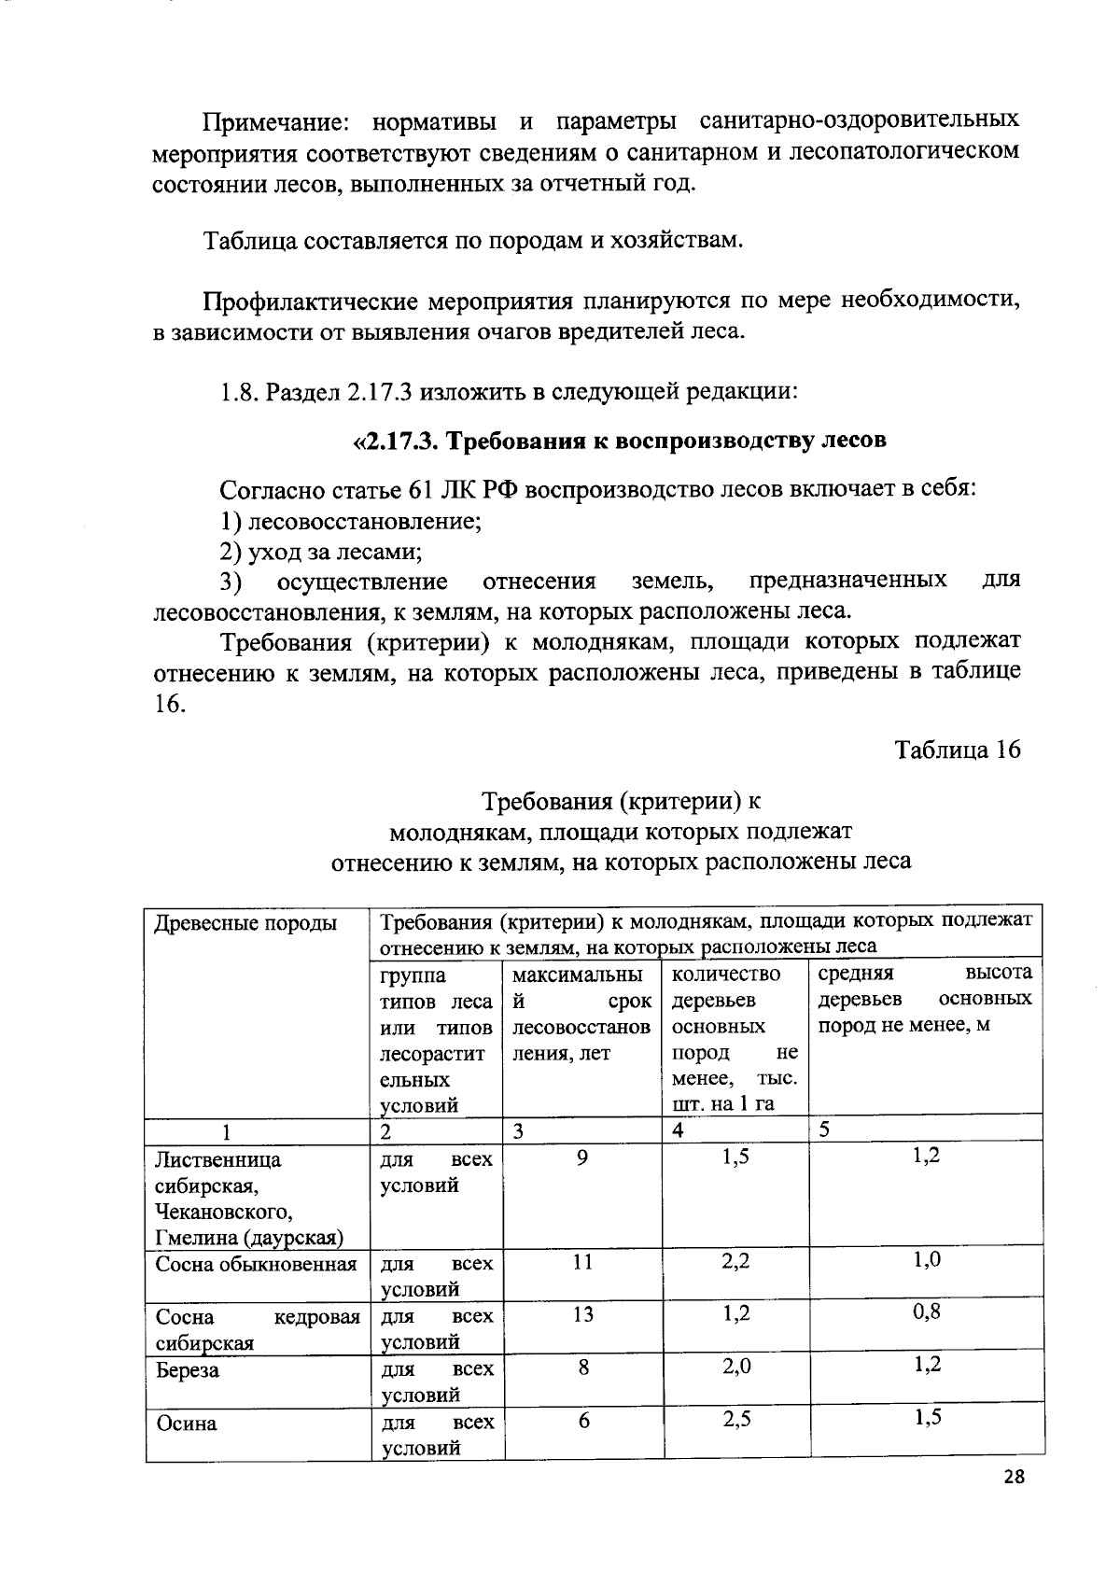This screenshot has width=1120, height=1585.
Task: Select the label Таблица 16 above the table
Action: tap(958, 750)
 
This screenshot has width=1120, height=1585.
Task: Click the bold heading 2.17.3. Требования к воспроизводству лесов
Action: tap(619, 441)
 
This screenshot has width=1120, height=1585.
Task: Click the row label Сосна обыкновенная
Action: tap(256, 1265)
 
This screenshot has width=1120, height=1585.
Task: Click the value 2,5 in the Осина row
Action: tap(736, 1420)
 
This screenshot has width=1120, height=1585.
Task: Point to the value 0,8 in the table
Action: tap(926, 1311)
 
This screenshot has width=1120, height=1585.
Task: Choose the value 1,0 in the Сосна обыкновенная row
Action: tap(926, 1260)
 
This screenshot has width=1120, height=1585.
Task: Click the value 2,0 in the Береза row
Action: tap(736, 1367)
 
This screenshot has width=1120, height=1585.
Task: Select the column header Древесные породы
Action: tap(245, 923)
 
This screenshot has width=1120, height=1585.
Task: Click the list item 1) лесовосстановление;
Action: tap(350, 521)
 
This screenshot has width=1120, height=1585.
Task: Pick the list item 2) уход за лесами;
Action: tap(320, 552)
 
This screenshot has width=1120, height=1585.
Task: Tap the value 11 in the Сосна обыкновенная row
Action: tap(582, 1262)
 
